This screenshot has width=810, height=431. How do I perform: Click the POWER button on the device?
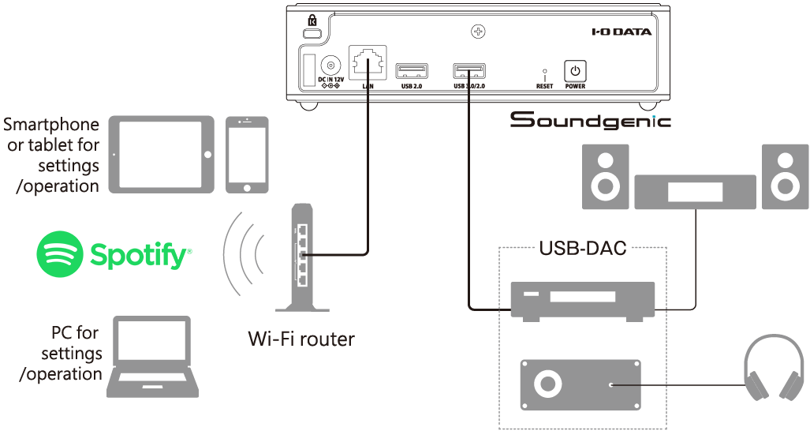tap(575, 71)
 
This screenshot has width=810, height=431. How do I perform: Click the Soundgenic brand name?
tap(590, 121)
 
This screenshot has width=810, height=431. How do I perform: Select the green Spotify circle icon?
tap(60, 254)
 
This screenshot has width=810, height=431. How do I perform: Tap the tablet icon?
tap(162, 155)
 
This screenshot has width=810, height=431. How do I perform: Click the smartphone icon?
tap(246, 155)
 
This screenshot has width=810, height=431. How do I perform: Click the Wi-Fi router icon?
tap(304, 257)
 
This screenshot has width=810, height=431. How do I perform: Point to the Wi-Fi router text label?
tap(301, 339)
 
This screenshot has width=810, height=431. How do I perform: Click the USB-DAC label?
tap(583, 249)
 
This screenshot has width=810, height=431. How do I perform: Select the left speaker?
tap(605, 176)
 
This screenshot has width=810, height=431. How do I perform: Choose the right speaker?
tap(785, 176)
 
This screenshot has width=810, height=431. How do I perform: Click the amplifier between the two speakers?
tap(695, 193)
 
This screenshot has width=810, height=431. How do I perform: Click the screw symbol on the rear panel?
tap(476, 32)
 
